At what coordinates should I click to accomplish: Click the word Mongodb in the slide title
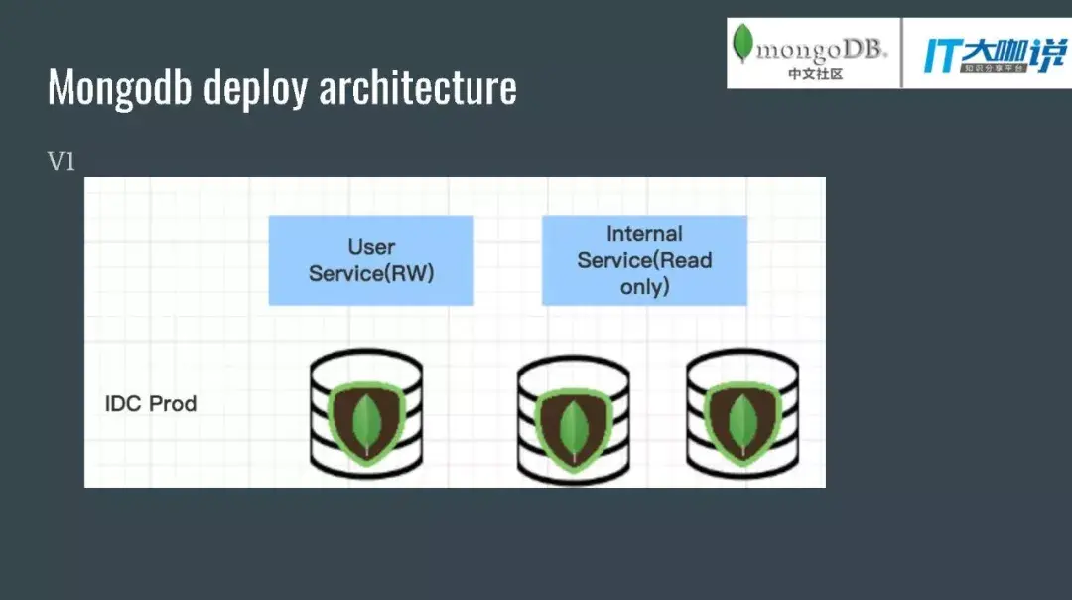click(x=121, y=87)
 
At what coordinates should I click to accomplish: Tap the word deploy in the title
click(x=256, y=88)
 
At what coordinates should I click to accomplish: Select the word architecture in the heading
click(x=418, y=87)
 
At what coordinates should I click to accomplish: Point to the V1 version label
click(x=62, y=162)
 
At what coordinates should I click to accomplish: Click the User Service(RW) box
click(x=371, y=260)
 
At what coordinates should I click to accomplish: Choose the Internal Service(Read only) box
click(x=644, y=260)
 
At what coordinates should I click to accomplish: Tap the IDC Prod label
click(x=151, y=404)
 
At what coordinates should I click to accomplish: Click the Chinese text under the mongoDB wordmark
click(x=815, y=74)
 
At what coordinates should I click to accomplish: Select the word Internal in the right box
click(x=644, y=234)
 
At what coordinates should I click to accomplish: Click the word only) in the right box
click(x=645, y=287)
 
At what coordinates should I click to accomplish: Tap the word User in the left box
click(x=371, y=247)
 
